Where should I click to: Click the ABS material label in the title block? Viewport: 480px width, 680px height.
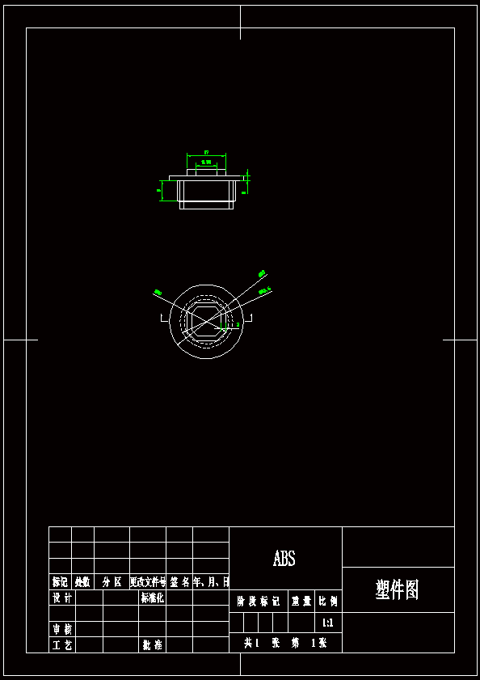click(x=284, y=559)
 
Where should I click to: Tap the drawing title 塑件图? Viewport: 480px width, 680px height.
click(x=398, y=589)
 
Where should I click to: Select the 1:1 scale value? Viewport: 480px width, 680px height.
click(x=327, y=623)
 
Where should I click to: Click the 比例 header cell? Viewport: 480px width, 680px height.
click(x=328, y=602)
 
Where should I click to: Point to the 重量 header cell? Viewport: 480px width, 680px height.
click(x=301, y=602)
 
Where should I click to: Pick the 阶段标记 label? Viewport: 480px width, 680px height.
click(x=258, y=602)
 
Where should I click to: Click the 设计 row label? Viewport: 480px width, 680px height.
click(x=61, y=598)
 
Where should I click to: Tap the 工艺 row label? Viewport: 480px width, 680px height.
click(x=61, y=644)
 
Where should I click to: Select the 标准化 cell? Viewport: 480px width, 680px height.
click(x=152, y=598)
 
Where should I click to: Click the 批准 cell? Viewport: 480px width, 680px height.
click(x=152, y=644)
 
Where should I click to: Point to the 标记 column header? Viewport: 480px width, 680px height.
click(x=60, y=581)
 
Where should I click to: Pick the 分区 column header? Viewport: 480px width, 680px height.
click(x=112, y=581)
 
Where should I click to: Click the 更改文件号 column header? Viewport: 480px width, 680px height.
click(x=148, y=581)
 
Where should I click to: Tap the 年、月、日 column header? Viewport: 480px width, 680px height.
click(x=211, y=581)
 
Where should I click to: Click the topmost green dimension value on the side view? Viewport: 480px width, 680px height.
click(x=206, y=152)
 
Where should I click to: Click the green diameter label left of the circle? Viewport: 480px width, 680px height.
click(x=158, y=292)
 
